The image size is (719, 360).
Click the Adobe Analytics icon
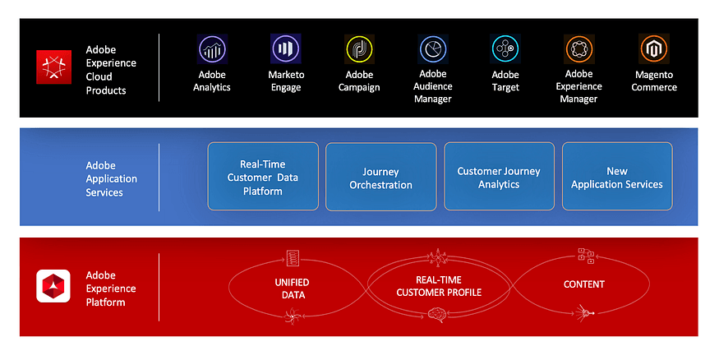(212, 49)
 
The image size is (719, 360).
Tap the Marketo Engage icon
(285, 49)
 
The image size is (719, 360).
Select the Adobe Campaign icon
(359, 49)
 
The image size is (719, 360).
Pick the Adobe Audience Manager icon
(432, 49)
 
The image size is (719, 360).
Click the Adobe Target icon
(505, 49)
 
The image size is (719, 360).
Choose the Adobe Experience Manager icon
(579, 49)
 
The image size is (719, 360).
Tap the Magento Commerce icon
(654, 49)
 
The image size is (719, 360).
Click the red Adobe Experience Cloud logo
(53, 67)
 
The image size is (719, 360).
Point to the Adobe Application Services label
(111, 178)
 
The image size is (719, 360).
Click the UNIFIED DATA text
(292, 288)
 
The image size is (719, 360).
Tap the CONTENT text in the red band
(584, 284)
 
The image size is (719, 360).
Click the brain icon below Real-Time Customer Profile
(438, 313)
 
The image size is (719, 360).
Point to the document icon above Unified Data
(293, 258)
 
